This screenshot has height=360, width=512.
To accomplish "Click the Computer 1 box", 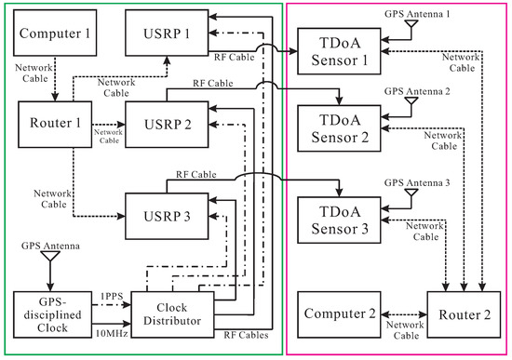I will point(53,36).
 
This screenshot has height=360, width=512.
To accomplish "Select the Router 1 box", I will point(53,123).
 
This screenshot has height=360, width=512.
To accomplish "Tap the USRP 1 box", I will point(162,36).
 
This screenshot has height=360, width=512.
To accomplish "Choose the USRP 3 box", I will point(162,217).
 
